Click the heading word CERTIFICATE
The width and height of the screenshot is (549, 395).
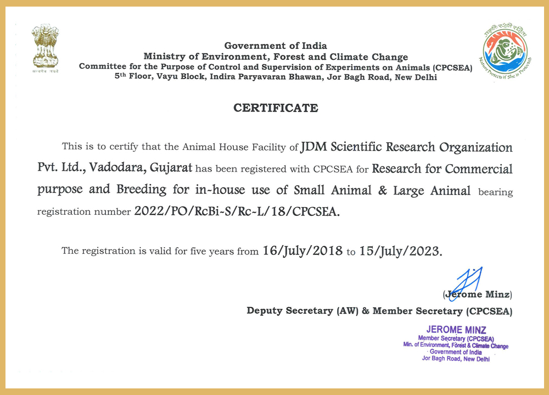click(x=276, y=108)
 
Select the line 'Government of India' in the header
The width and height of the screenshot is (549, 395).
click(x=276, y=46)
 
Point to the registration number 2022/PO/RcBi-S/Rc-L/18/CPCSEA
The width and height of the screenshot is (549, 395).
click(x=237, y=212)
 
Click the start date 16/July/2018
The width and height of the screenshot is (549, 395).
click(x=302, y=251)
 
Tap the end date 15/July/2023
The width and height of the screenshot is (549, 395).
click(x=400, y=251)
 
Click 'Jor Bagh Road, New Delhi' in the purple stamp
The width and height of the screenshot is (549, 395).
click(x=456, y=359)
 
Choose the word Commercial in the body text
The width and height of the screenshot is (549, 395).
click(x=479, y=168)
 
